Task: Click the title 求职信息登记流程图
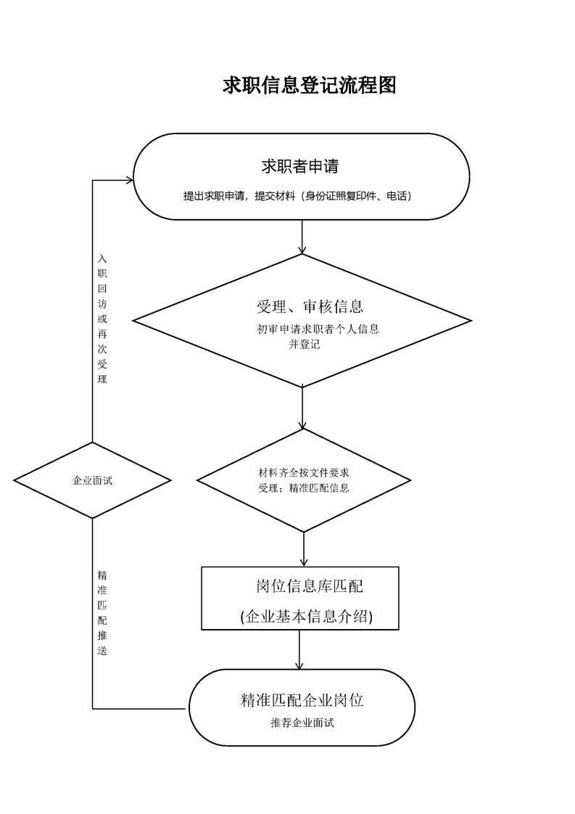[309, 86]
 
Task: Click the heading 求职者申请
[300, 166]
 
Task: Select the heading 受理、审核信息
[310, 306]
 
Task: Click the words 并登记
[305, 345]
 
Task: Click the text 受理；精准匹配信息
[304, 488]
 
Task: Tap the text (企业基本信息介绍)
[307, 617]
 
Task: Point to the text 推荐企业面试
[302, 723]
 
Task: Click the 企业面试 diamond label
[93, 480]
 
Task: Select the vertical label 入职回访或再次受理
[102, 318]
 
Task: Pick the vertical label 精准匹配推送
[102, 612]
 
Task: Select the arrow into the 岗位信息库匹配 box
[303, 549]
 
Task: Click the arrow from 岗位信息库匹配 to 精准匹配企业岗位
[299, 650]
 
